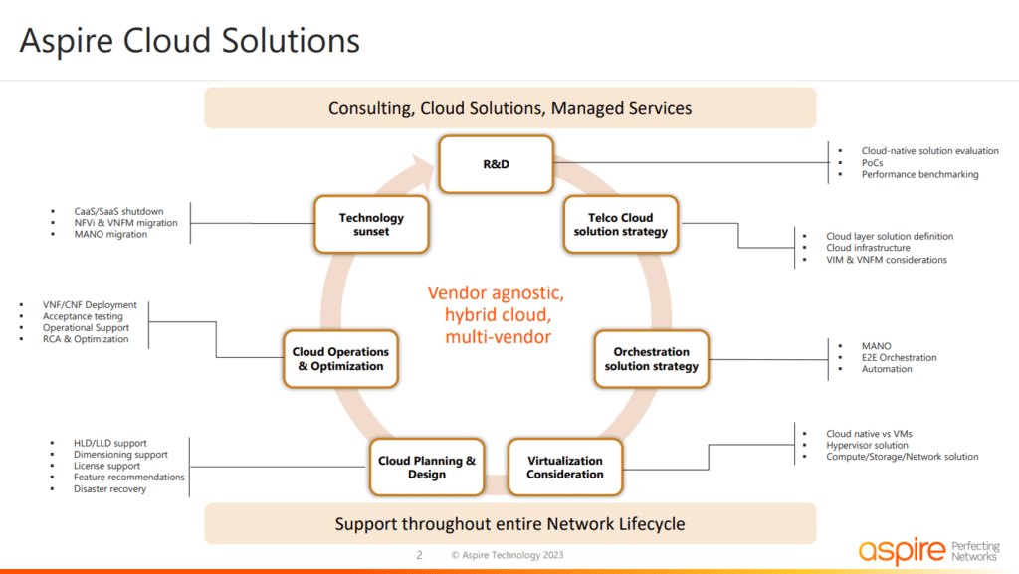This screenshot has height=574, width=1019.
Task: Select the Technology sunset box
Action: pyautogui.click(x=371, y=224)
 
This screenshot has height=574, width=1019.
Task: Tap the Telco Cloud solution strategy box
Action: pyautogui.click(x=622, y=224)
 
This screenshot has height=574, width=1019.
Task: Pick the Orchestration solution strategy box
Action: pyautogui.click(x=652, y=358)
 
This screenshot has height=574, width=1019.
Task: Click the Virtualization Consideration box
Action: pyautogui.click(x=565, y=468)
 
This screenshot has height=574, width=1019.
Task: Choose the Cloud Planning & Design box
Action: pyautogui.click(x=427, y=468)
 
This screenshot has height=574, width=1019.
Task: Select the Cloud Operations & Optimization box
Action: pyautogui.click(x=340, y=358)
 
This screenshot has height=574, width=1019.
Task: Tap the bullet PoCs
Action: pyautogui.click(x=873, y=163)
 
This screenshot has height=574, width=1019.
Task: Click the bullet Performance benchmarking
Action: pyautogui.click(x=919, y=175)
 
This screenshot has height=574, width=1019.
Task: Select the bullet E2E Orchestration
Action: pyautogui.click(x=899, y=358)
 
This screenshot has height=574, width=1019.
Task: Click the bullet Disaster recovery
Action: pyautogui.click(x=109, y=489)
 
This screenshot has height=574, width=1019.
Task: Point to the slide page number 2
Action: pyautogui.click(x=419, y=555)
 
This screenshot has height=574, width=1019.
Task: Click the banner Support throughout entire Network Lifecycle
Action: pyautogui.click(x=509, y=524)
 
